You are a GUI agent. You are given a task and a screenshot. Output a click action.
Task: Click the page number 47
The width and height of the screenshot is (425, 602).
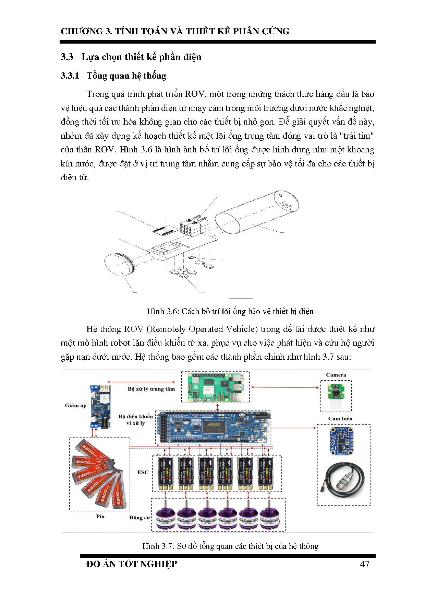coord(364,564)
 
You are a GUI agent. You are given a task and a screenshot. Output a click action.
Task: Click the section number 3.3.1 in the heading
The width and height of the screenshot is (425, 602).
coord(70,76)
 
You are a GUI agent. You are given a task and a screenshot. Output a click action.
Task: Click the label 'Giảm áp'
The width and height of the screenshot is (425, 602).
coord(75,405)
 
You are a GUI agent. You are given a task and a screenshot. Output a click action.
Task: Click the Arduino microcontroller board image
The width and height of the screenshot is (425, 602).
coord(213,427)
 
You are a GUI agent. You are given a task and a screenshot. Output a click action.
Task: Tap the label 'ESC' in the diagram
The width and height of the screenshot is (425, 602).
coord(143,472)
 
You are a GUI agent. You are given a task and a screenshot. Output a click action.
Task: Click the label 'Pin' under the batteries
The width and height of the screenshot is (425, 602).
coord(100,516)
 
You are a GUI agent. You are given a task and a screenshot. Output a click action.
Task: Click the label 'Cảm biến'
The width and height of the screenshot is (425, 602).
coord(340,418)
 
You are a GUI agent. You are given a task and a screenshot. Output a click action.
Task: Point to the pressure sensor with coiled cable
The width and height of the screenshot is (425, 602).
coord(344,481)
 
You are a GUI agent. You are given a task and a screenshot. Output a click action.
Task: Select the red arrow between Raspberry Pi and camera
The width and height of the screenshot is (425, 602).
coord(285,387)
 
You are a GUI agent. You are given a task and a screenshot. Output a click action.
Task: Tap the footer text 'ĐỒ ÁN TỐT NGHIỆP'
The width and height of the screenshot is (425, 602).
coord(132,564)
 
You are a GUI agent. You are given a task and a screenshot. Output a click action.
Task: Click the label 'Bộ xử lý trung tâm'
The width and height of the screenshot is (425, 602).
coord(151,389)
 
